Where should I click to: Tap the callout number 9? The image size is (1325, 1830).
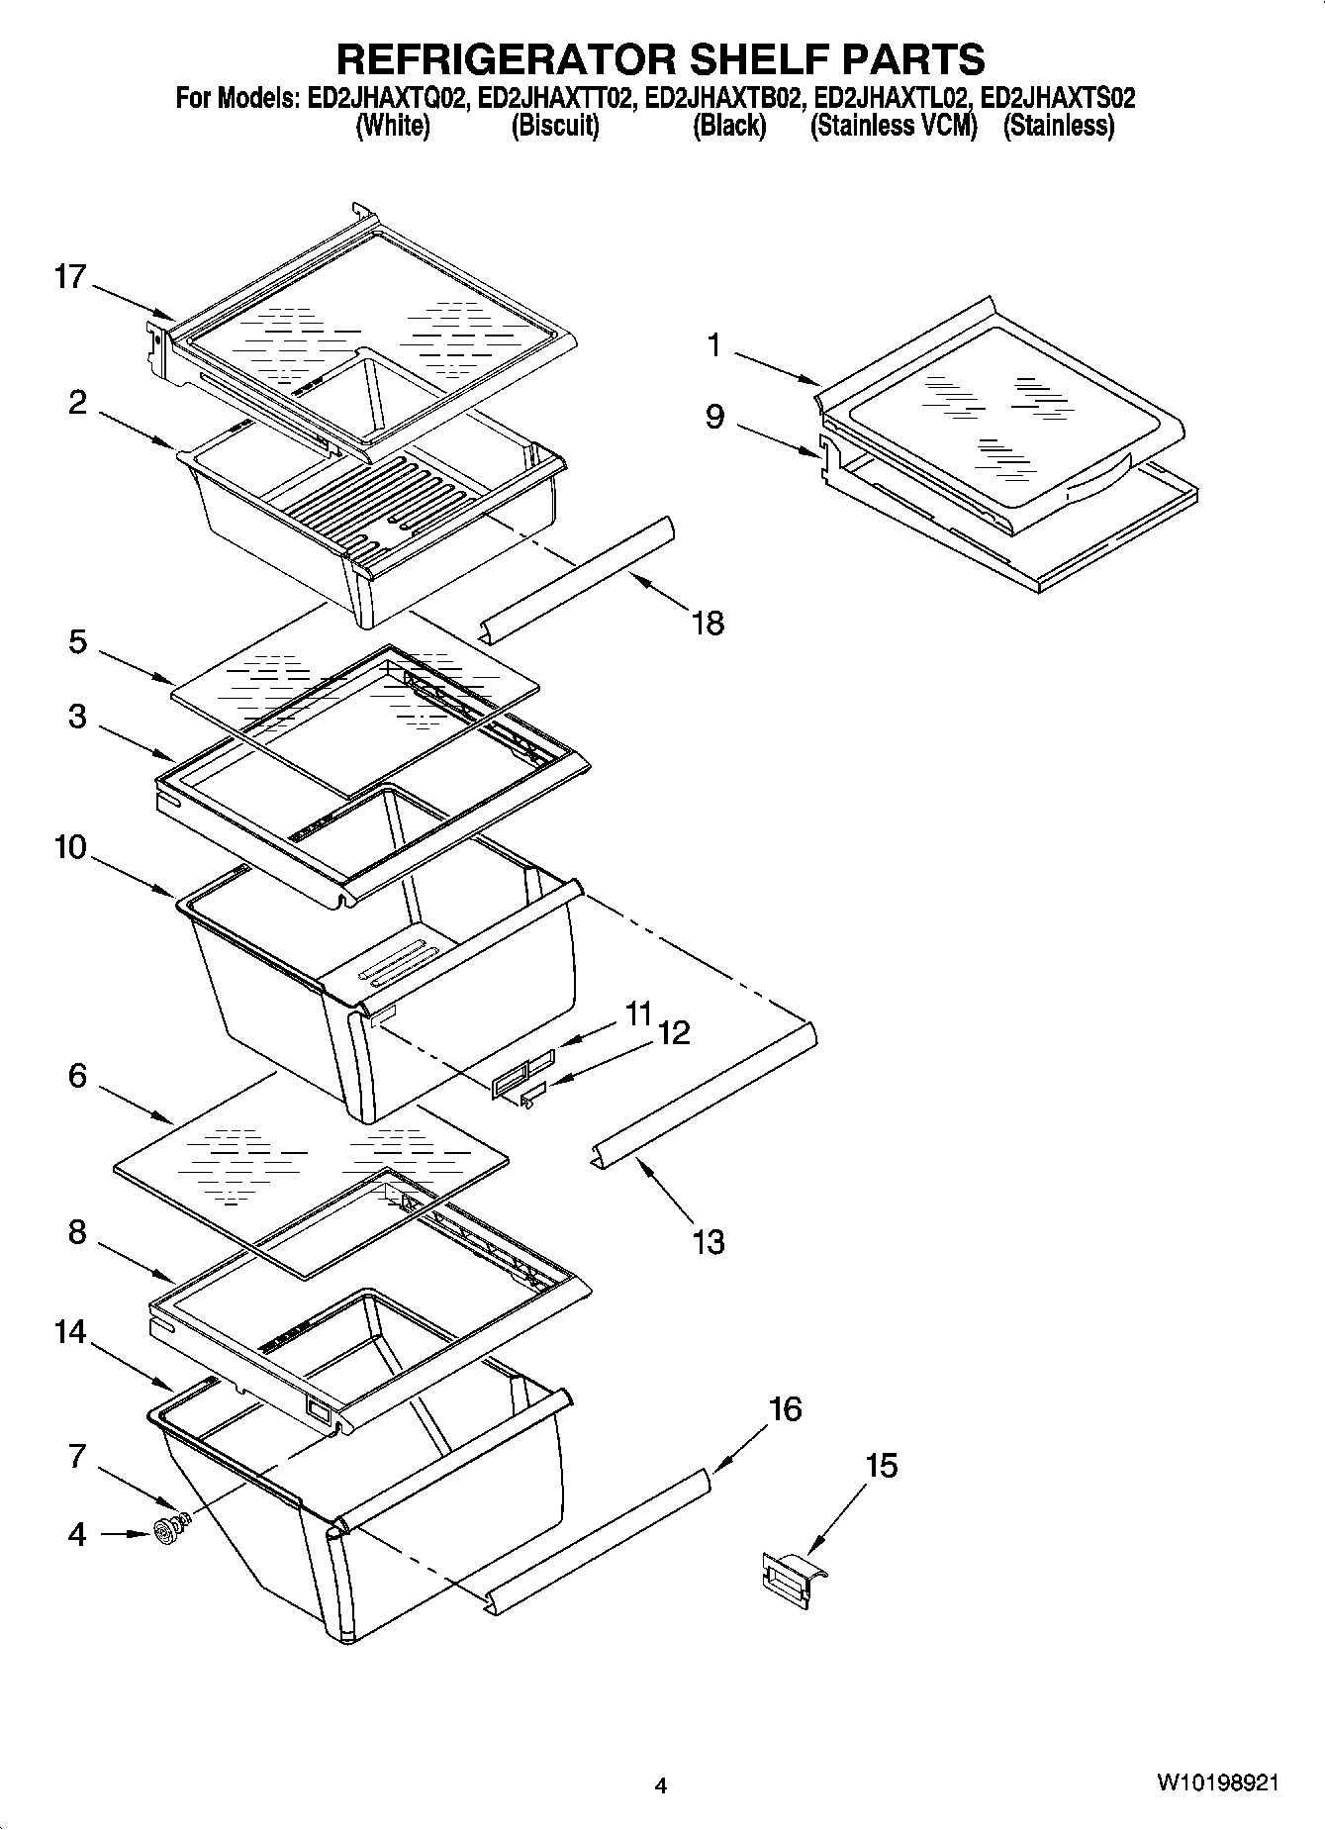[714, 416]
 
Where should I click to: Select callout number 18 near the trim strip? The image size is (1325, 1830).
[709, 623]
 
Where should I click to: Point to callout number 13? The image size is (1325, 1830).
[709, 1241]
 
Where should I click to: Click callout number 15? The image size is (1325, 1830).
[881, 1465]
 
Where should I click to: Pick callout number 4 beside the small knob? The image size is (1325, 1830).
[77, 1534]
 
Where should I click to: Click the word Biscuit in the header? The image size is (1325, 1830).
[555, 126]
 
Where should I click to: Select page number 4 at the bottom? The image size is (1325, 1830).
[661, 1786]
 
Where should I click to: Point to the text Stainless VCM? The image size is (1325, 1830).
[893, 126]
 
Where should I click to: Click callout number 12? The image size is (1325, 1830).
[673, 1032]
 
